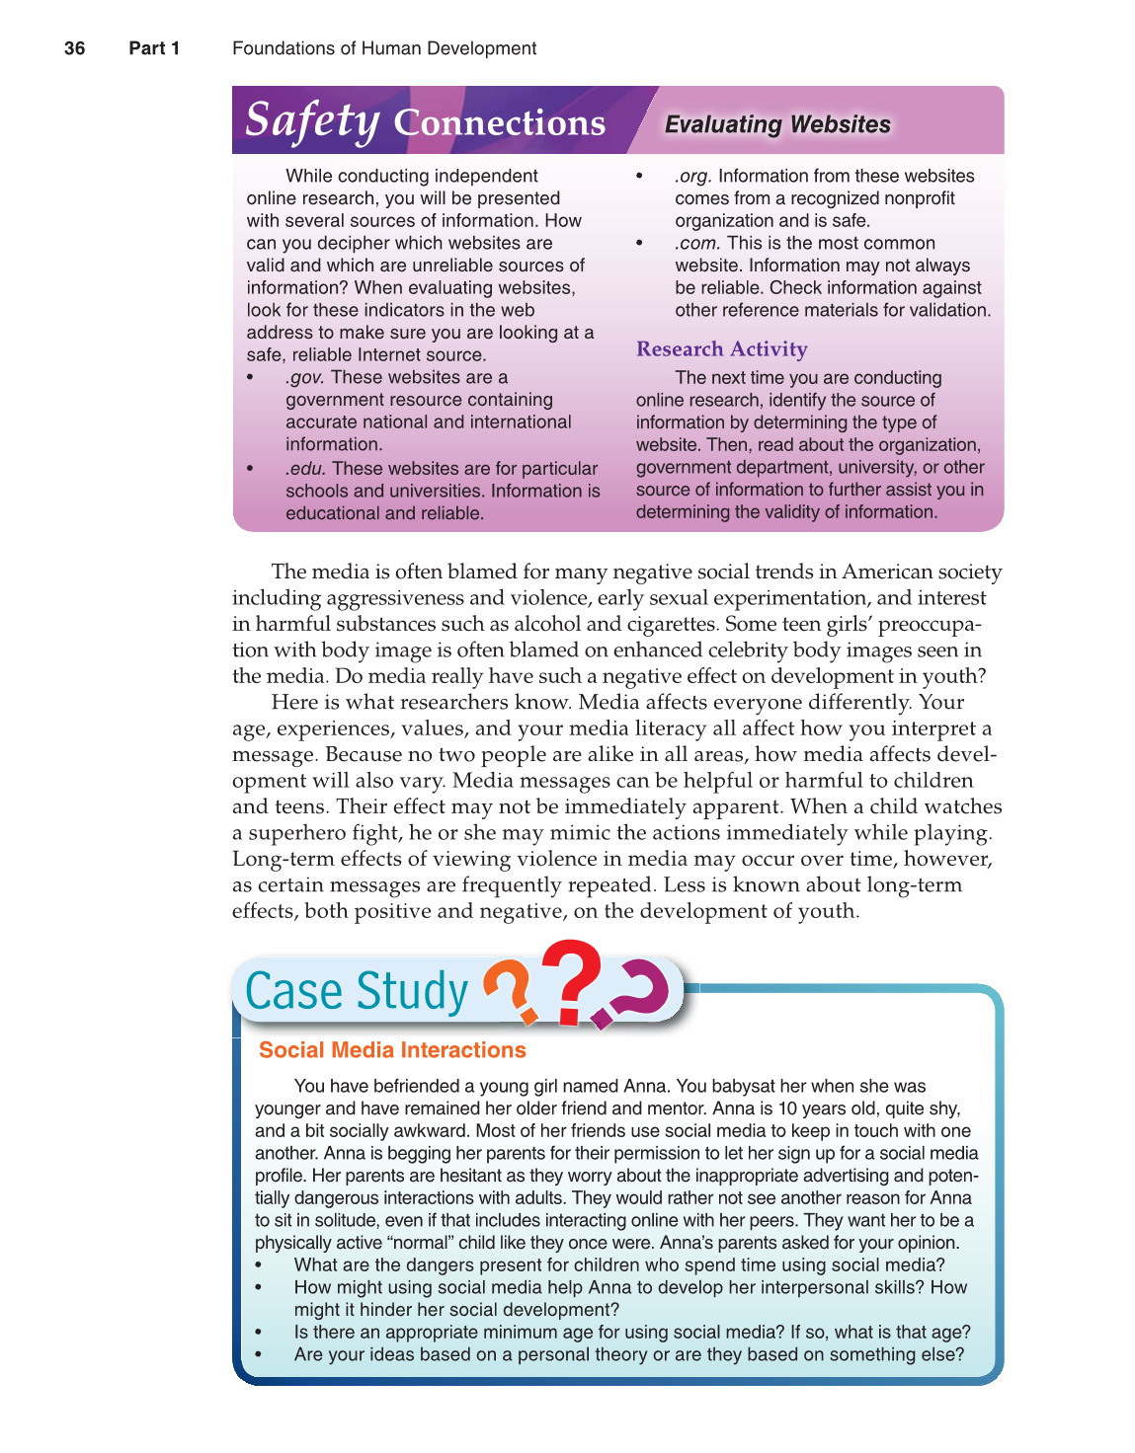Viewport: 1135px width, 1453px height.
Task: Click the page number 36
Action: click(74, 48)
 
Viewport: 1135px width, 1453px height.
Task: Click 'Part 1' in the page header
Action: click(154, 48)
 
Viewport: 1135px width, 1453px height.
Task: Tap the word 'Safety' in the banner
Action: click(311, 120)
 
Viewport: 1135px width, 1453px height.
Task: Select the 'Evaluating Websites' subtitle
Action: click(777, 124)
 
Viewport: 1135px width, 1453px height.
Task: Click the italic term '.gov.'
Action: click(305, 377)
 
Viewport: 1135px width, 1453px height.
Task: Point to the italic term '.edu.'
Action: click(306, 469)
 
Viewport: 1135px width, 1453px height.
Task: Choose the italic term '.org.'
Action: click(693, 176)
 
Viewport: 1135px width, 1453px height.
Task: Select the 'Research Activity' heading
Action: click(721, 349)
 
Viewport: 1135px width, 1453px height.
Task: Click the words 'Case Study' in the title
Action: click(357, 991)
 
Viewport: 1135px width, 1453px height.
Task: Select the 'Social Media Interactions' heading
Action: click(392, 1050)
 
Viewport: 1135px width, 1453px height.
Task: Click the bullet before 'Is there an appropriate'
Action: click(259, 1333)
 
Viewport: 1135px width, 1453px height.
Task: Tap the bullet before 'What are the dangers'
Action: click(259, 1265)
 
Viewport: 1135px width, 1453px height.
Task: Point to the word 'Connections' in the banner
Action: click(499, 123)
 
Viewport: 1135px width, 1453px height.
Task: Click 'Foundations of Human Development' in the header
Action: click(384, 48)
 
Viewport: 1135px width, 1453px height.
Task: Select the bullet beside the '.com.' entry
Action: click(640, 244)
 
